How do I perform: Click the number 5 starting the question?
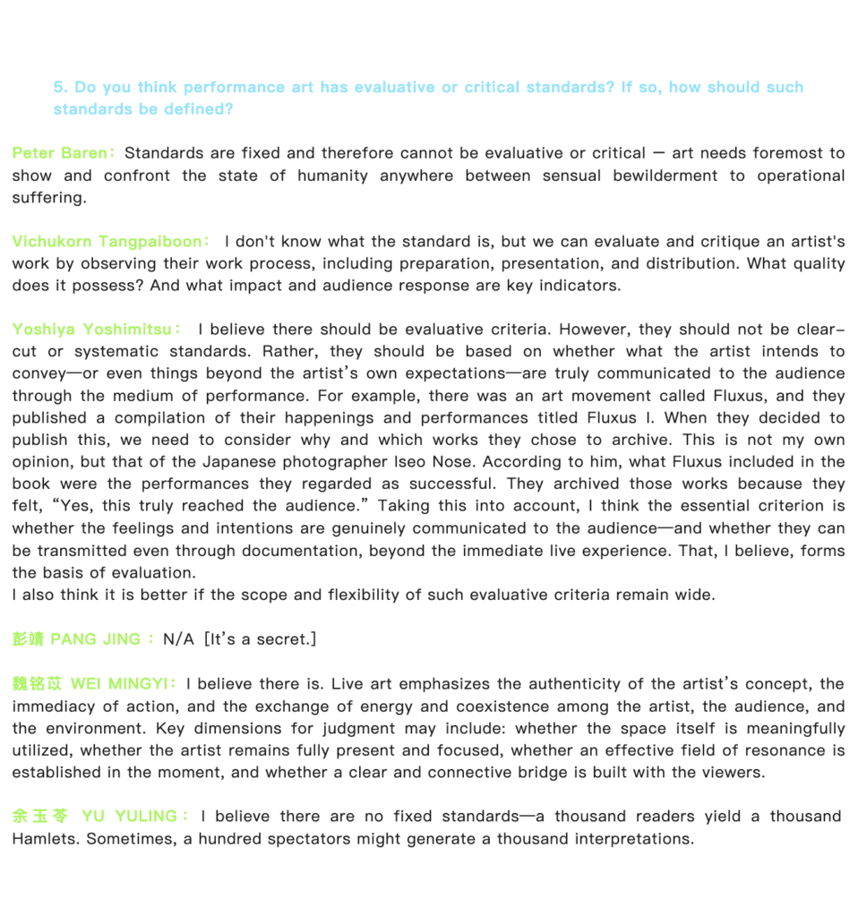click(58, 88)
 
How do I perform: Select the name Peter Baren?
click(60, 153)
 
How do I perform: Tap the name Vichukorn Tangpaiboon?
click(107, 242)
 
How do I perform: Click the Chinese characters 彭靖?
click(28, 639)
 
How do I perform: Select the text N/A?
click(178, 639)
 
